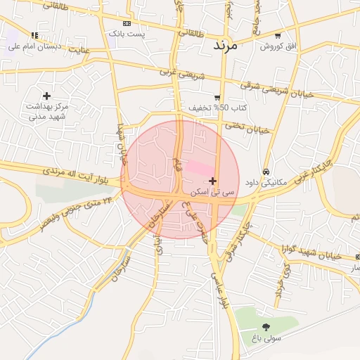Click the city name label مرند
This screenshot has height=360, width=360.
[226, 44]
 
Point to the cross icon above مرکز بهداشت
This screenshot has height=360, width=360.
[46, 95]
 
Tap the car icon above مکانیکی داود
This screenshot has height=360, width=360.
[266, 172]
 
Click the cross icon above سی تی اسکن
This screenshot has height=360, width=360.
[212, 181]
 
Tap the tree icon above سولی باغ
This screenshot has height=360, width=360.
[266, 327]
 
